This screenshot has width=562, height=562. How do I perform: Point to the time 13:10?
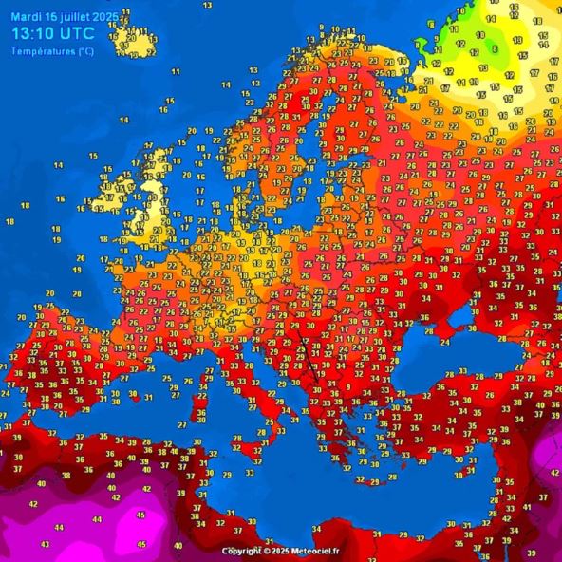33,35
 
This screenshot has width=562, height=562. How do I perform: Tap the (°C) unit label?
85,51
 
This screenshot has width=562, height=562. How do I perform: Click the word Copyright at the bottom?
242,552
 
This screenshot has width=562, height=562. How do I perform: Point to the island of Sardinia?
200,410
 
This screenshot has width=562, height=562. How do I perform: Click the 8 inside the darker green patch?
494,48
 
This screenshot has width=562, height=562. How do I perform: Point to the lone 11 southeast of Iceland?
176,71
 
